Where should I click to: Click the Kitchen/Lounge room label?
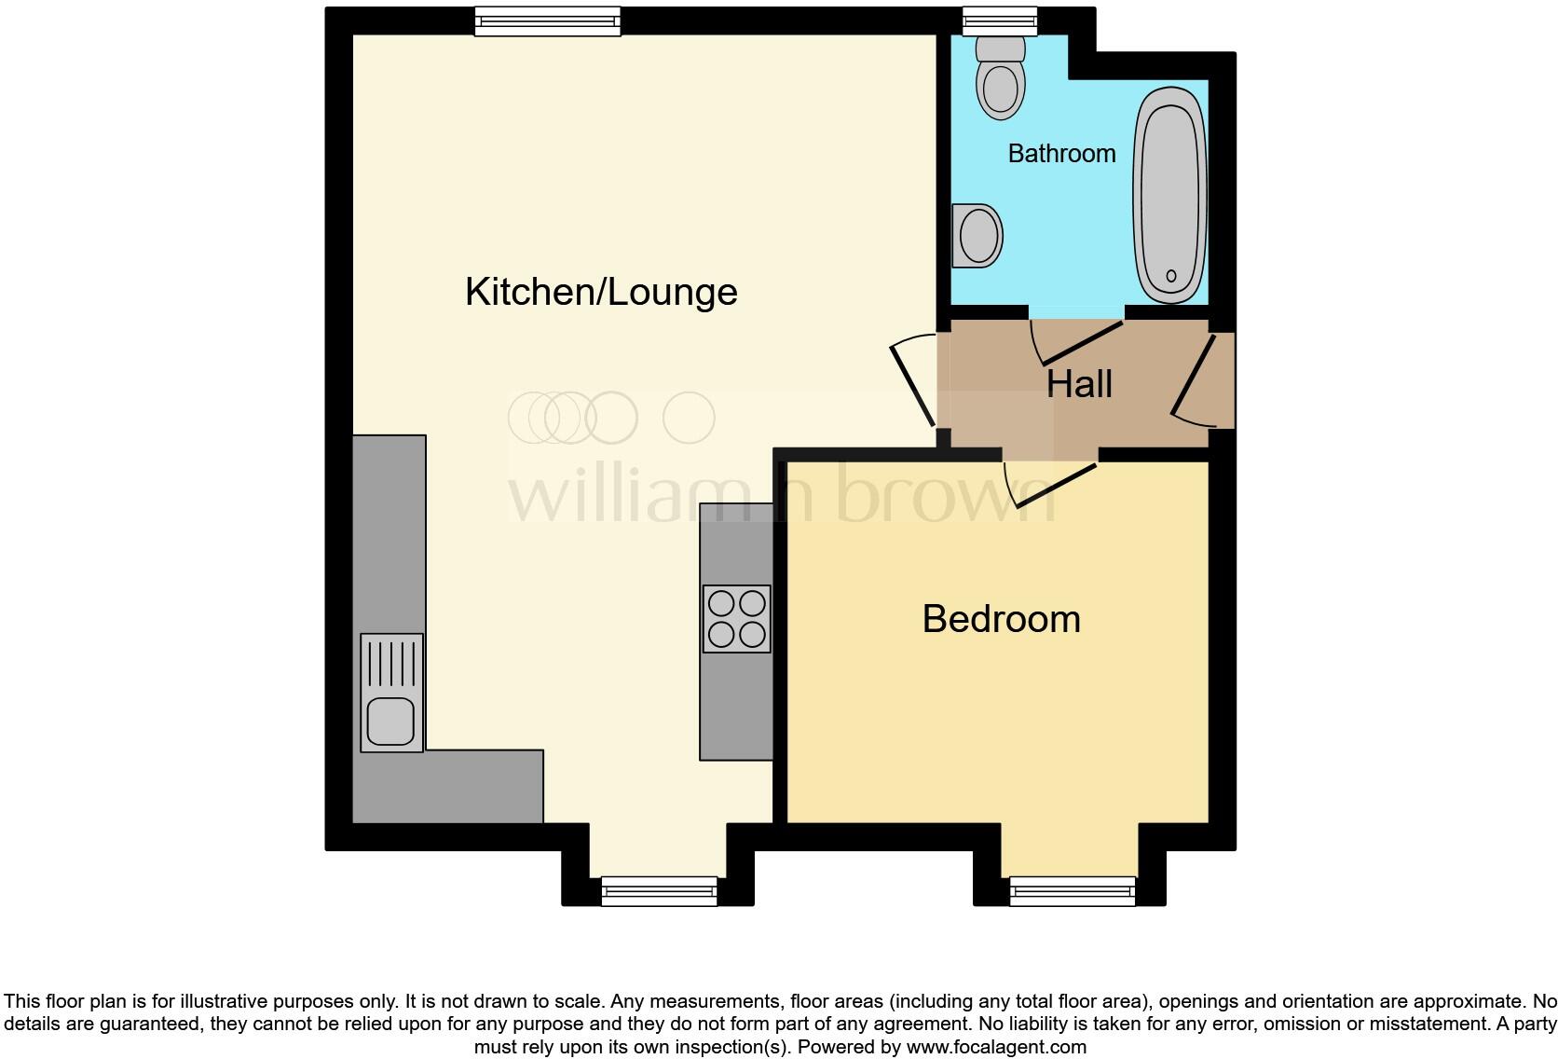601,292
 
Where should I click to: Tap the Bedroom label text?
1001,619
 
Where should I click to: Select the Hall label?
1079,384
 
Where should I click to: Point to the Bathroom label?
1061,154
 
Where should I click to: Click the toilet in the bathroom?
1000,78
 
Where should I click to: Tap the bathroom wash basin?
977,235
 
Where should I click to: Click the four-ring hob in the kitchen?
736,619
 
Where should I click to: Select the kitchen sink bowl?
391,721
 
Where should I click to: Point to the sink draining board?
391,663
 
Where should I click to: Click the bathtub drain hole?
1171,276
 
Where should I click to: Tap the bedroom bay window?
1073,891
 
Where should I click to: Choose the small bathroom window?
1000,20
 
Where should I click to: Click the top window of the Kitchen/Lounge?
547,21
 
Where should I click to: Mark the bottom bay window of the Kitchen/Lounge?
659,891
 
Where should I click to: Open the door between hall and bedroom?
1053,484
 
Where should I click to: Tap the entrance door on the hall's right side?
1194,378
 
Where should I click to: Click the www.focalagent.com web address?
995,1047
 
